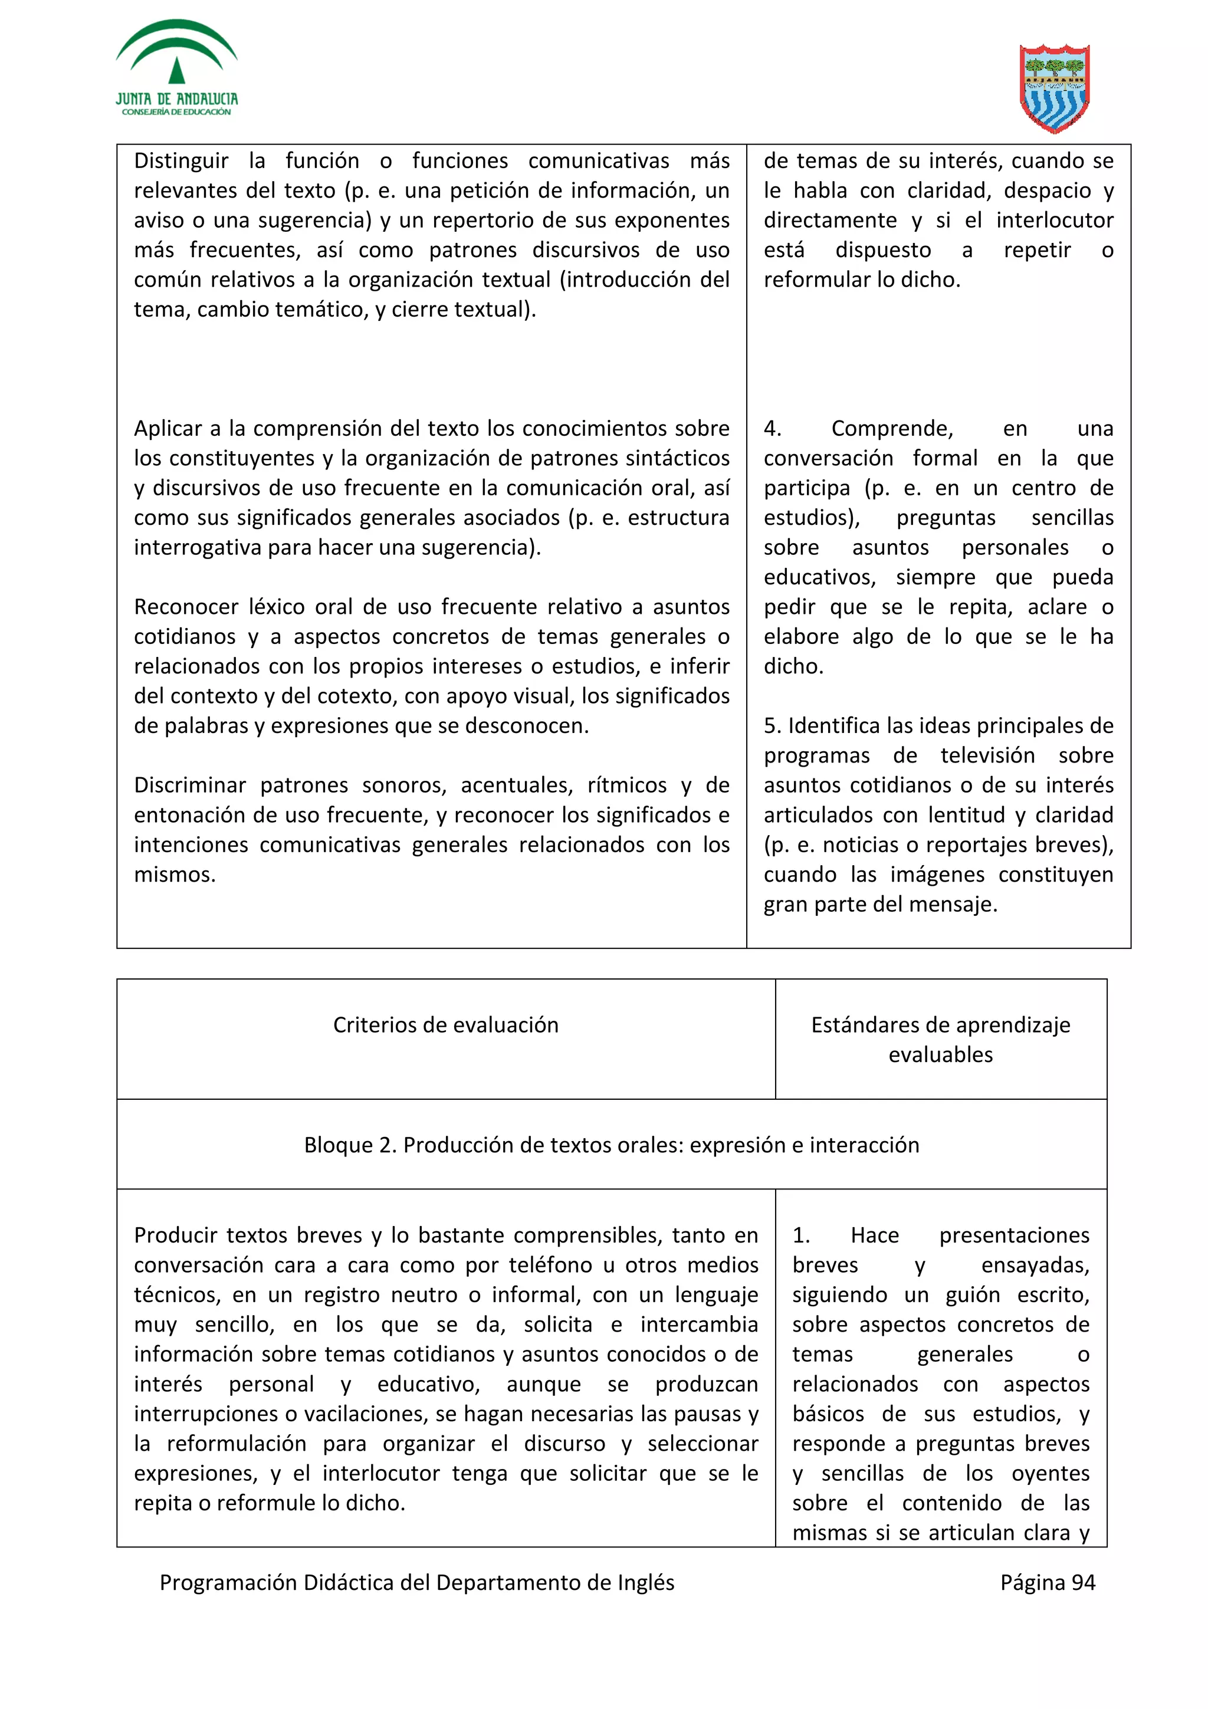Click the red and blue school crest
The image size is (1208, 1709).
[x=1054, y=88]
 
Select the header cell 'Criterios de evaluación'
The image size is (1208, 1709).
[x=445, y=1024]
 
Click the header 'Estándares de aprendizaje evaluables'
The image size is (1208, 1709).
[x=940, y=1039]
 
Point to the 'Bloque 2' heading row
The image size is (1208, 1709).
[x=611, y=1144]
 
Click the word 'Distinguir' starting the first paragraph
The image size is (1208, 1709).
[x=181, y=161]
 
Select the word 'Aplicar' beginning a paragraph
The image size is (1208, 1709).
[x=168, y=429]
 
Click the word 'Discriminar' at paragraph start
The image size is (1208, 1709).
[x=190, y=786]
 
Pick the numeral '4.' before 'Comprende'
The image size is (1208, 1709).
[x=773, y=429]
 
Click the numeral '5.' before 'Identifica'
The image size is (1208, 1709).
[x=773, y=726]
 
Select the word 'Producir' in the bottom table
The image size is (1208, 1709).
[x=176, y=1235]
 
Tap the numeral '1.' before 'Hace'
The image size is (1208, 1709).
[x=801, y=1235]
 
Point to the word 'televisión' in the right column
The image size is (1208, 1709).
[x=987, y=755]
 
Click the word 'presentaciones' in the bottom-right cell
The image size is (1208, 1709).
[x=1014, y=1235]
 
